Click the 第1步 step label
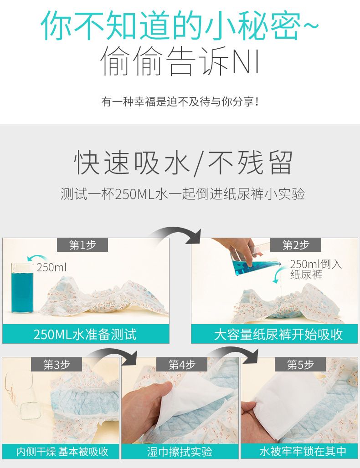(x=82, y=245)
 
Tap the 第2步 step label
(x=296, y=245)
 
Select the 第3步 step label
(x=57, y=365)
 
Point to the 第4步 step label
(x=182, y=365)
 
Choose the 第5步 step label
(x=300, y=365)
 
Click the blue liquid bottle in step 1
(x=22, y=288)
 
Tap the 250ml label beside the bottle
(x=51, y=267)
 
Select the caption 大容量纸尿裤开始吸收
(x=278, y=334)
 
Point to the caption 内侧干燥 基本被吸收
(x=62, y=452)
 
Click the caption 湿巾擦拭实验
(x=180, y=452)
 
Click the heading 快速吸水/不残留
(x=183, y=163)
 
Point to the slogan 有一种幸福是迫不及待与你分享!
(x=180, y=102)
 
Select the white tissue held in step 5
(x=288, y=400)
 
